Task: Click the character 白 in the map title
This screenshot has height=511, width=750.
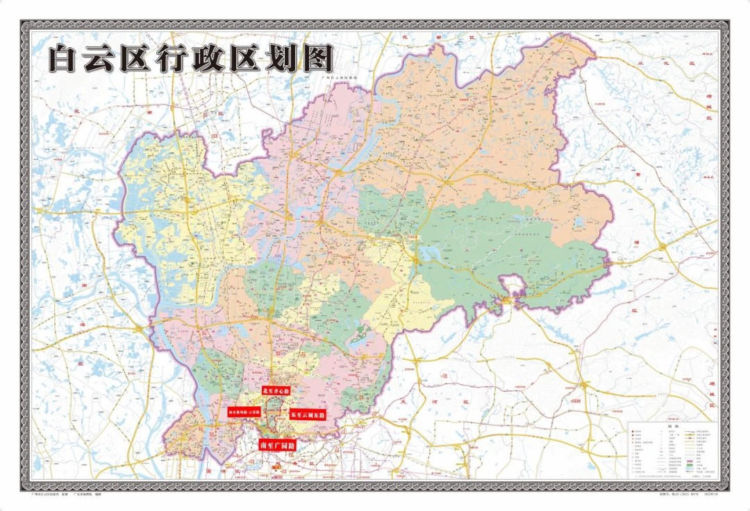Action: [x=65, y=59]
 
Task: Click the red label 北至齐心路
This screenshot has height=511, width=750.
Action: [x=276, y=391]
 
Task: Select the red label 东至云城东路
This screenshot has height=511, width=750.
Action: [x=307, y=413]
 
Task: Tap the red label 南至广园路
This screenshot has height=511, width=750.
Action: [x=276, y=445]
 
